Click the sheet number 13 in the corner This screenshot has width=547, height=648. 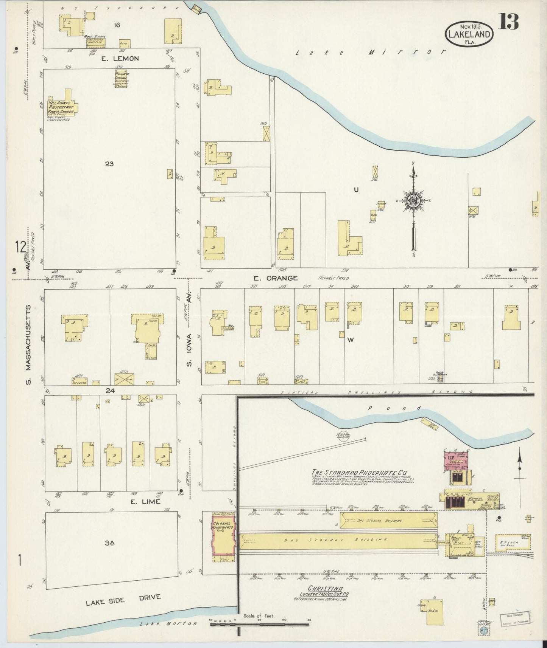(x=508, y=22)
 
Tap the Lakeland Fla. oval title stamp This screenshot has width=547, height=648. (x=469, y=34)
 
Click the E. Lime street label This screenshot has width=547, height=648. (x=145, y=502)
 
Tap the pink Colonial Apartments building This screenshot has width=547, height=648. (x=224, y=534)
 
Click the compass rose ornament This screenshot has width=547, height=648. (x=413, y=201)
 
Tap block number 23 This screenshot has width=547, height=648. (x=109, y=164)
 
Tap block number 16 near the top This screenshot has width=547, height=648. (x=117, y=25)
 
